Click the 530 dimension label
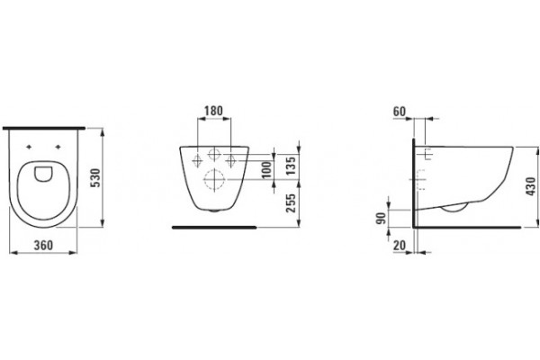click(96, 178)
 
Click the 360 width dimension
click(43, 246)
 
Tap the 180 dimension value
click(213, 111)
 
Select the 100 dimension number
click(266, 170)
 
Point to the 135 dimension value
click(291, 166)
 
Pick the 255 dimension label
click(291, 203)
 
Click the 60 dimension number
click(400, 112)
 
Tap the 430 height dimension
click(531, 186)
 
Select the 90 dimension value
click(381, 218)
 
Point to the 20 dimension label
click(400, 246)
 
